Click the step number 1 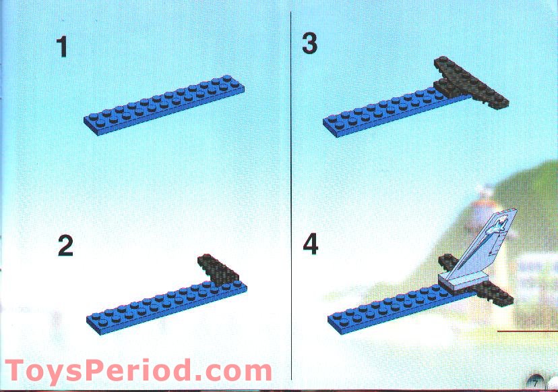(x=62, y=47)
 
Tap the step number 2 (x=65, y=246)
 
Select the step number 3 (x=309, y=44)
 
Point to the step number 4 (x=310, y=244)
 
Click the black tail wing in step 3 (x=471, y=84)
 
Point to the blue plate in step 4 (x=384, y=307)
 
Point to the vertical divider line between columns (x=290, y=196)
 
